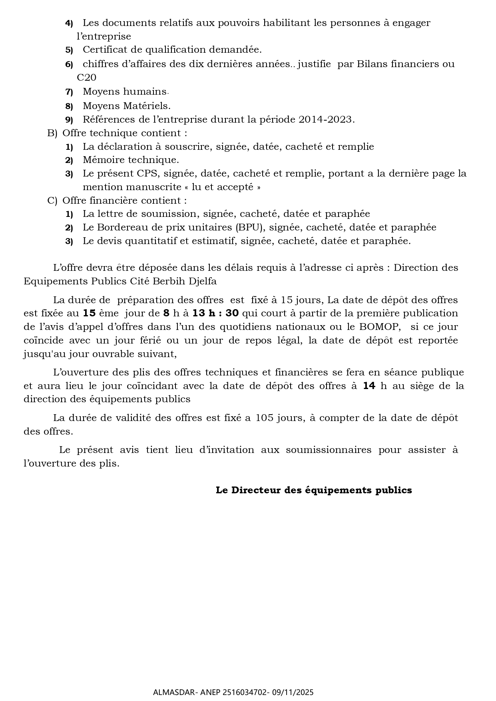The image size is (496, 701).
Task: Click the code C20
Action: pos(86,77)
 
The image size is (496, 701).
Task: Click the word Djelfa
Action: pos(204,281)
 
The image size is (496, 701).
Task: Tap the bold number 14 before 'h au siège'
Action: pos(369,386)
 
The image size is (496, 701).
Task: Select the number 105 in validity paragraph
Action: pos(265,418)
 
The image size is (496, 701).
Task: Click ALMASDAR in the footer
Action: pos(170,692)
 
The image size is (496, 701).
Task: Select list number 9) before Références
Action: pos(69,120)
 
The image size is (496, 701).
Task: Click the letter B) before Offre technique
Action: pos(52,133)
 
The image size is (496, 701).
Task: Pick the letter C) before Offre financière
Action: pos(52,201)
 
